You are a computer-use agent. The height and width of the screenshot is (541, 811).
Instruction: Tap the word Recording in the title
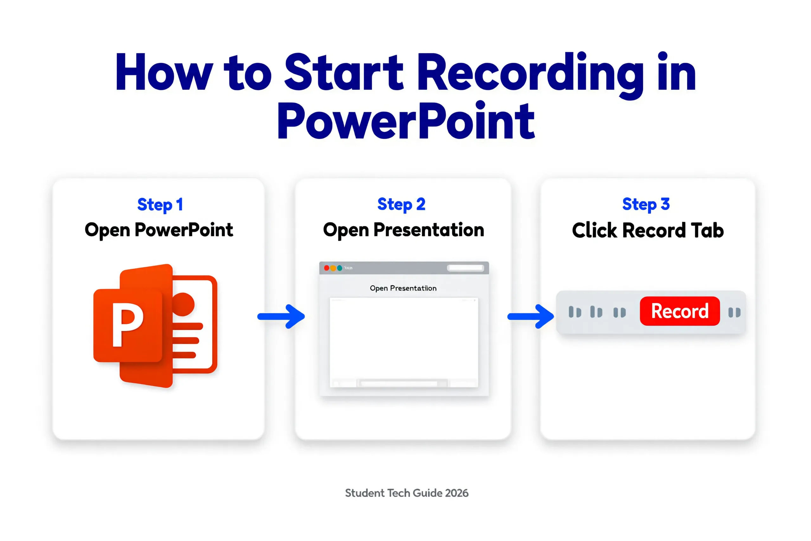coord(530,73)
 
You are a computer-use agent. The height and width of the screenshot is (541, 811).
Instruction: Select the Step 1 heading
coord(160,205)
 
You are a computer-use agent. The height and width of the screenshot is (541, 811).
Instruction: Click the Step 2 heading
coord(401,204)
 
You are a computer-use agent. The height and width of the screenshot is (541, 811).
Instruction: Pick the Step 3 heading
coord(646,204)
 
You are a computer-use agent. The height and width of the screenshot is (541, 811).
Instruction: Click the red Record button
coord(680,311)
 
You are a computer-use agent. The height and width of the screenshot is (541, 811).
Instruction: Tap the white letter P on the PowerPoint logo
coord(127,325)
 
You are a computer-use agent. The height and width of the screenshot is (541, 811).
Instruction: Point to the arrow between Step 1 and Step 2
coord(281,316)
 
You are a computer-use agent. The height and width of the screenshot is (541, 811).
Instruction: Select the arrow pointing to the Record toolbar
coord(531,316)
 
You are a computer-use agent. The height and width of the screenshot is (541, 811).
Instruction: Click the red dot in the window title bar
coord(327,268)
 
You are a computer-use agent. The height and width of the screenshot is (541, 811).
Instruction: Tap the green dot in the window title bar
coord(340,268)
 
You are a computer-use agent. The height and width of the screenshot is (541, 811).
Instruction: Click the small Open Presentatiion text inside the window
coord(403,288)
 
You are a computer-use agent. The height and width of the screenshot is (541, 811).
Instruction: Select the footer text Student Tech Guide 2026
coord(406,493)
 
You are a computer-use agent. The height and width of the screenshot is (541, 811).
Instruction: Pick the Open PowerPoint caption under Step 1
coord(159,230)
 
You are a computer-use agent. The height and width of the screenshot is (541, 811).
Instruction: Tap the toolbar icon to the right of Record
coord(734,312)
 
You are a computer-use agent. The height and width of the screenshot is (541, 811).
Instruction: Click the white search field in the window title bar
coord(465,268)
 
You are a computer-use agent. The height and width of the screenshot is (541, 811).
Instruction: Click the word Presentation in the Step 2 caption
coord(429,230)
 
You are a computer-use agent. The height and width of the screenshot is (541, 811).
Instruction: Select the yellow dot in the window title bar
coord(333,268)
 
